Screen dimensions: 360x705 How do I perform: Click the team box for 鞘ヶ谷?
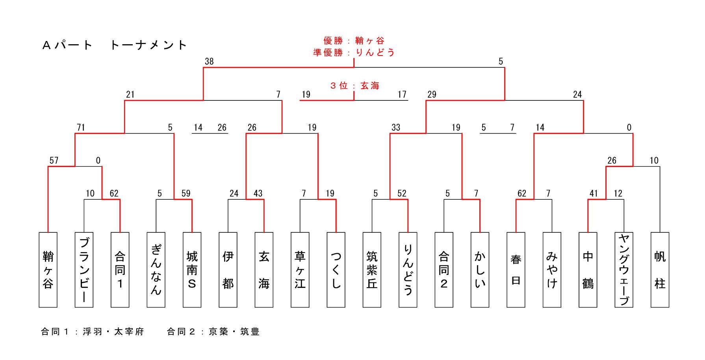tap(48, 270)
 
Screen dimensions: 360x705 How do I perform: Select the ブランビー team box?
tap(84, 270)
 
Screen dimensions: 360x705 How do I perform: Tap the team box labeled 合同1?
tap(120, 270)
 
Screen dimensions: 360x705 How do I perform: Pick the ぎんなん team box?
tap(156, 270)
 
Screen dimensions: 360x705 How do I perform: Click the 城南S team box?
tap(192, 270)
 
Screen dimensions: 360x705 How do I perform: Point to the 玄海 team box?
tap(264, 270)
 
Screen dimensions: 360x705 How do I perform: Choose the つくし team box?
tap(336, 270)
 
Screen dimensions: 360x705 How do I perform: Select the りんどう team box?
tap(408, 270)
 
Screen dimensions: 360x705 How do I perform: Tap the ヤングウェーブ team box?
tap(624, 270)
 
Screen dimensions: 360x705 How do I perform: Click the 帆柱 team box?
tap(660, 270)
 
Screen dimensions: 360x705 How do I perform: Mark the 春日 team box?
tap(516, 270)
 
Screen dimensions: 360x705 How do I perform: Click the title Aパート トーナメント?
tap(115, 45)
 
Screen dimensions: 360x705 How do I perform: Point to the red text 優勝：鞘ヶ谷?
tap(354, 41)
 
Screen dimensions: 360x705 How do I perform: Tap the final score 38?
tap(209, 61)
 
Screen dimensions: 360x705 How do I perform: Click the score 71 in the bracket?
tap(81, 128)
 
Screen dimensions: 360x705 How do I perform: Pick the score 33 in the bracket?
tap(396, 128)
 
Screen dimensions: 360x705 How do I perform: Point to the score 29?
tap(432, 95)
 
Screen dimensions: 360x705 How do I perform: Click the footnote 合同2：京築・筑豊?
tap(213, 332)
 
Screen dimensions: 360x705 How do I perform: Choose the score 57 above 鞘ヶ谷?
tap(54, 161)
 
